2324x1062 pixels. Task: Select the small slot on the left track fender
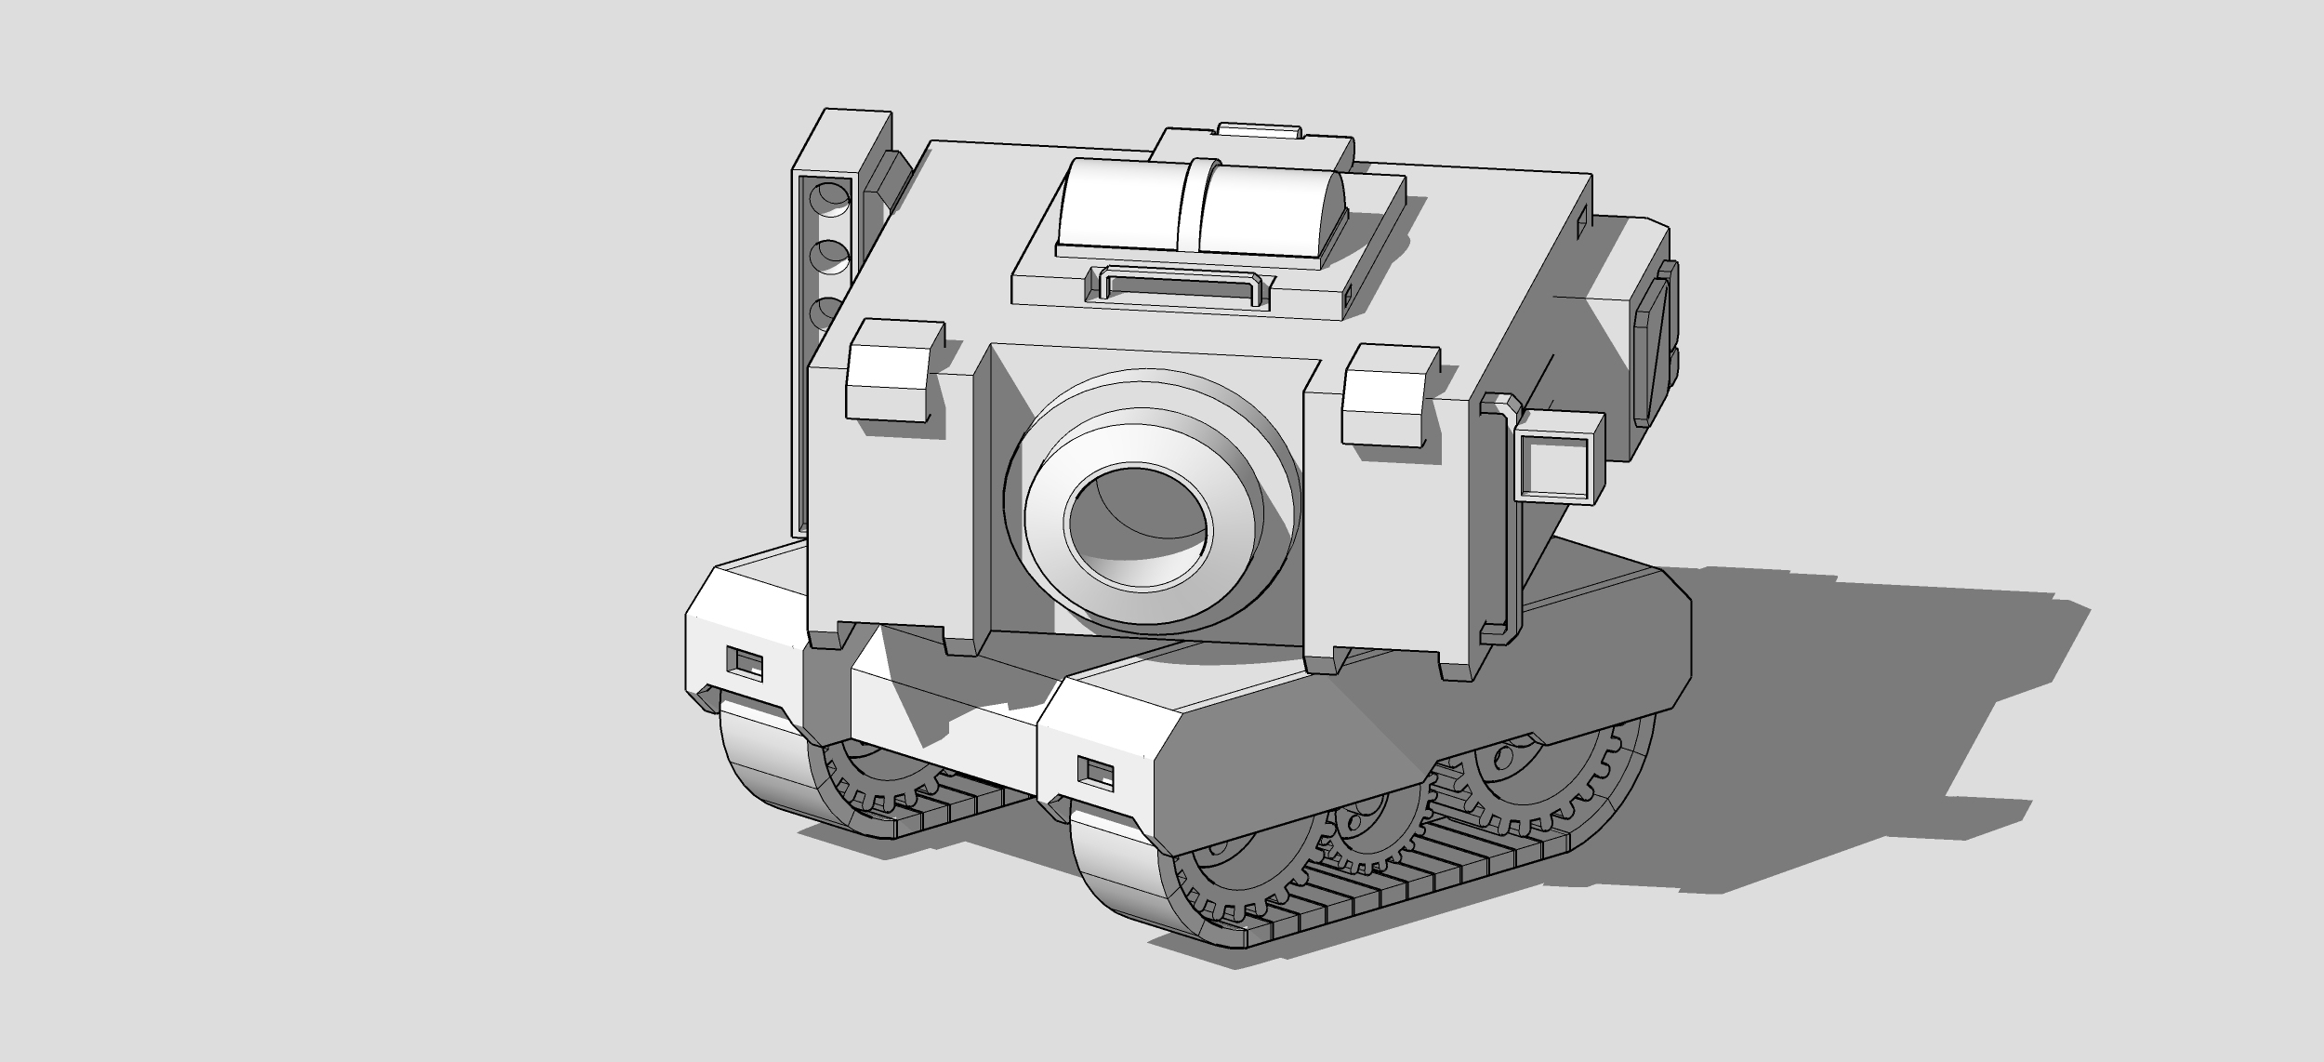pos(744,664)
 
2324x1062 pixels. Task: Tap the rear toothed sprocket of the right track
pos(1525,781)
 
